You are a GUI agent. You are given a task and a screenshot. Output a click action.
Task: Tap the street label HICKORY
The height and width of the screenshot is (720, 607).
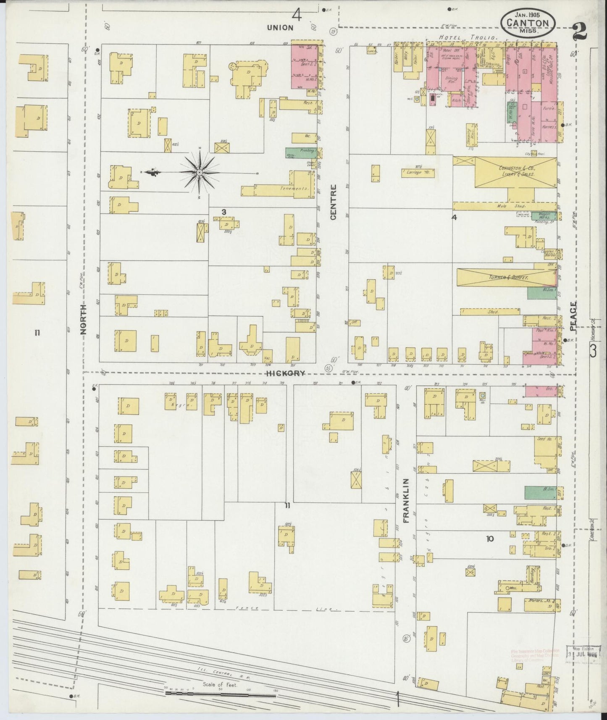pos(284,373)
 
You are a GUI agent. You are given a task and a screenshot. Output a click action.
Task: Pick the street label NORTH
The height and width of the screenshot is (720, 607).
pos(83,319)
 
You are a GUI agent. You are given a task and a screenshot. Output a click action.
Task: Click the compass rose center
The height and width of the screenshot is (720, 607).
pos(199,173)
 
